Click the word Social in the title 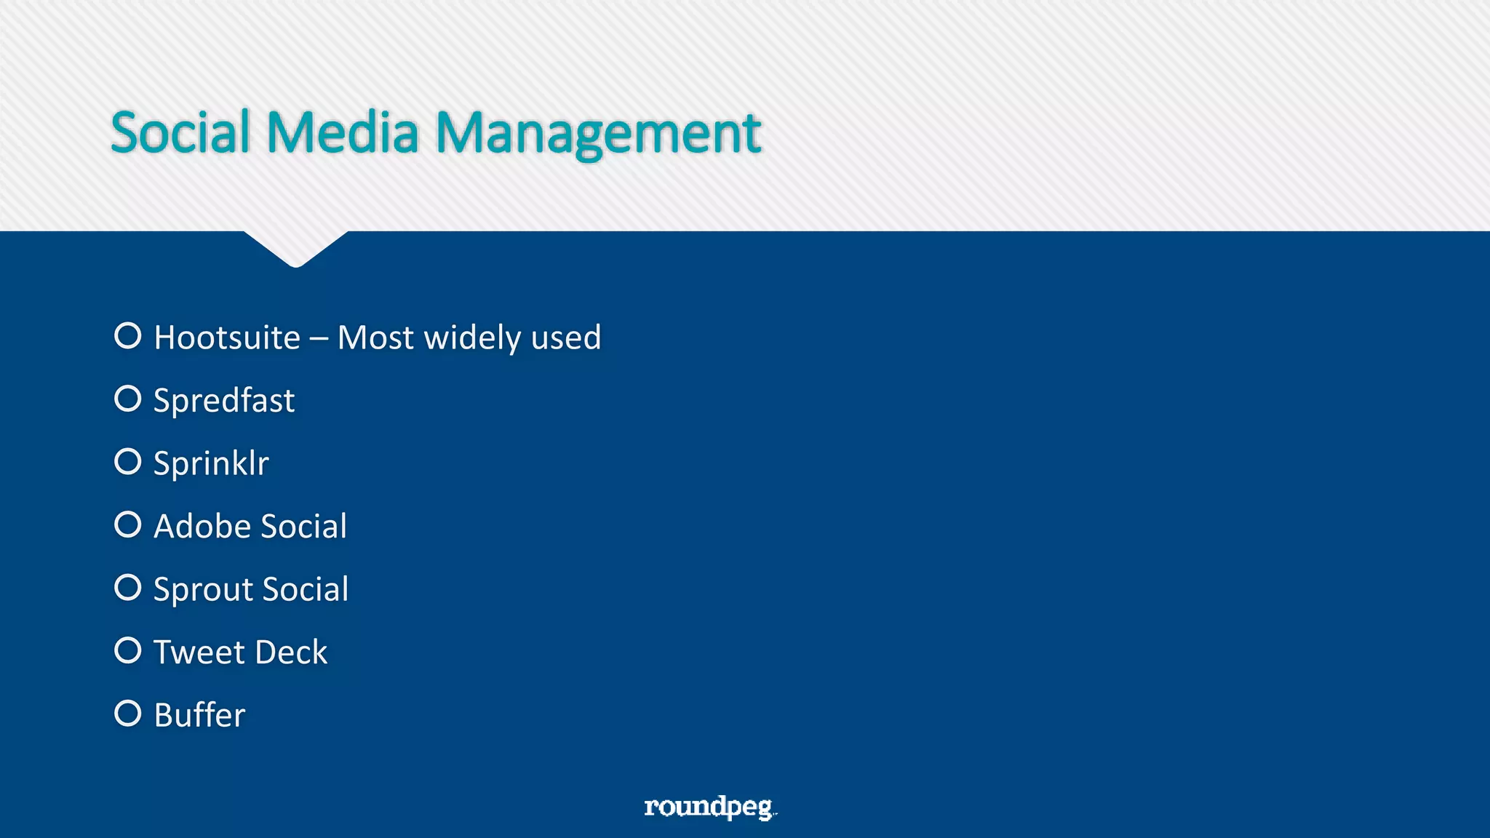tap(180, 132)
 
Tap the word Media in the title tap(343, 132)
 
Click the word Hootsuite tap(227, 338)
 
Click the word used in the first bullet tap(566, 338)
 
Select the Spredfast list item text tap(224, 401)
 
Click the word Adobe tap(202, 526)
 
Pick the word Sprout tap(203, 589)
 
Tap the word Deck tap(291, 652)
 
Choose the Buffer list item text tap(199, 715)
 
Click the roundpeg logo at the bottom tap(709, 807)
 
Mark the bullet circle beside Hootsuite tap(128, 335)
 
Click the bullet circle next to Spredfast tap(128, 399)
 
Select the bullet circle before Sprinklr tap(128, 461)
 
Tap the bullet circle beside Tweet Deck tap(128, 650)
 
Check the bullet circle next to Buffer tap(128, 713)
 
